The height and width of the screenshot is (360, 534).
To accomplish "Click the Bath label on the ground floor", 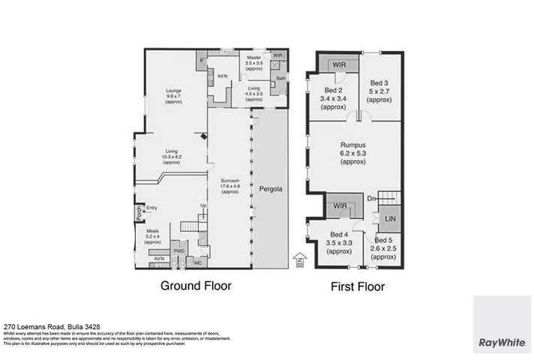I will pyautogui.click(x=280, y=78).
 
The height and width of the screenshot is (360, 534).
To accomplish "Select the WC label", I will pyautogui.click(x=197, y=262).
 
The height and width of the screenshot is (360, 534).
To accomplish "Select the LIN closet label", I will pyautogui.click(x=390, y=219).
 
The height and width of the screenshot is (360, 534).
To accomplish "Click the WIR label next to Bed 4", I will pyautogui.click(x=337, y=205).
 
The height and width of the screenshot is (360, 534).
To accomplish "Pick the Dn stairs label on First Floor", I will pyautogui.click(x=371, y=199).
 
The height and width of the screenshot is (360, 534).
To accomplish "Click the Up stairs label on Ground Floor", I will pyautogui.click(x=202, y=205).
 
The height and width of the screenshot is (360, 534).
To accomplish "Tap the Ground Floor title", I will pyautogui.click(x=196, y=286).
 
